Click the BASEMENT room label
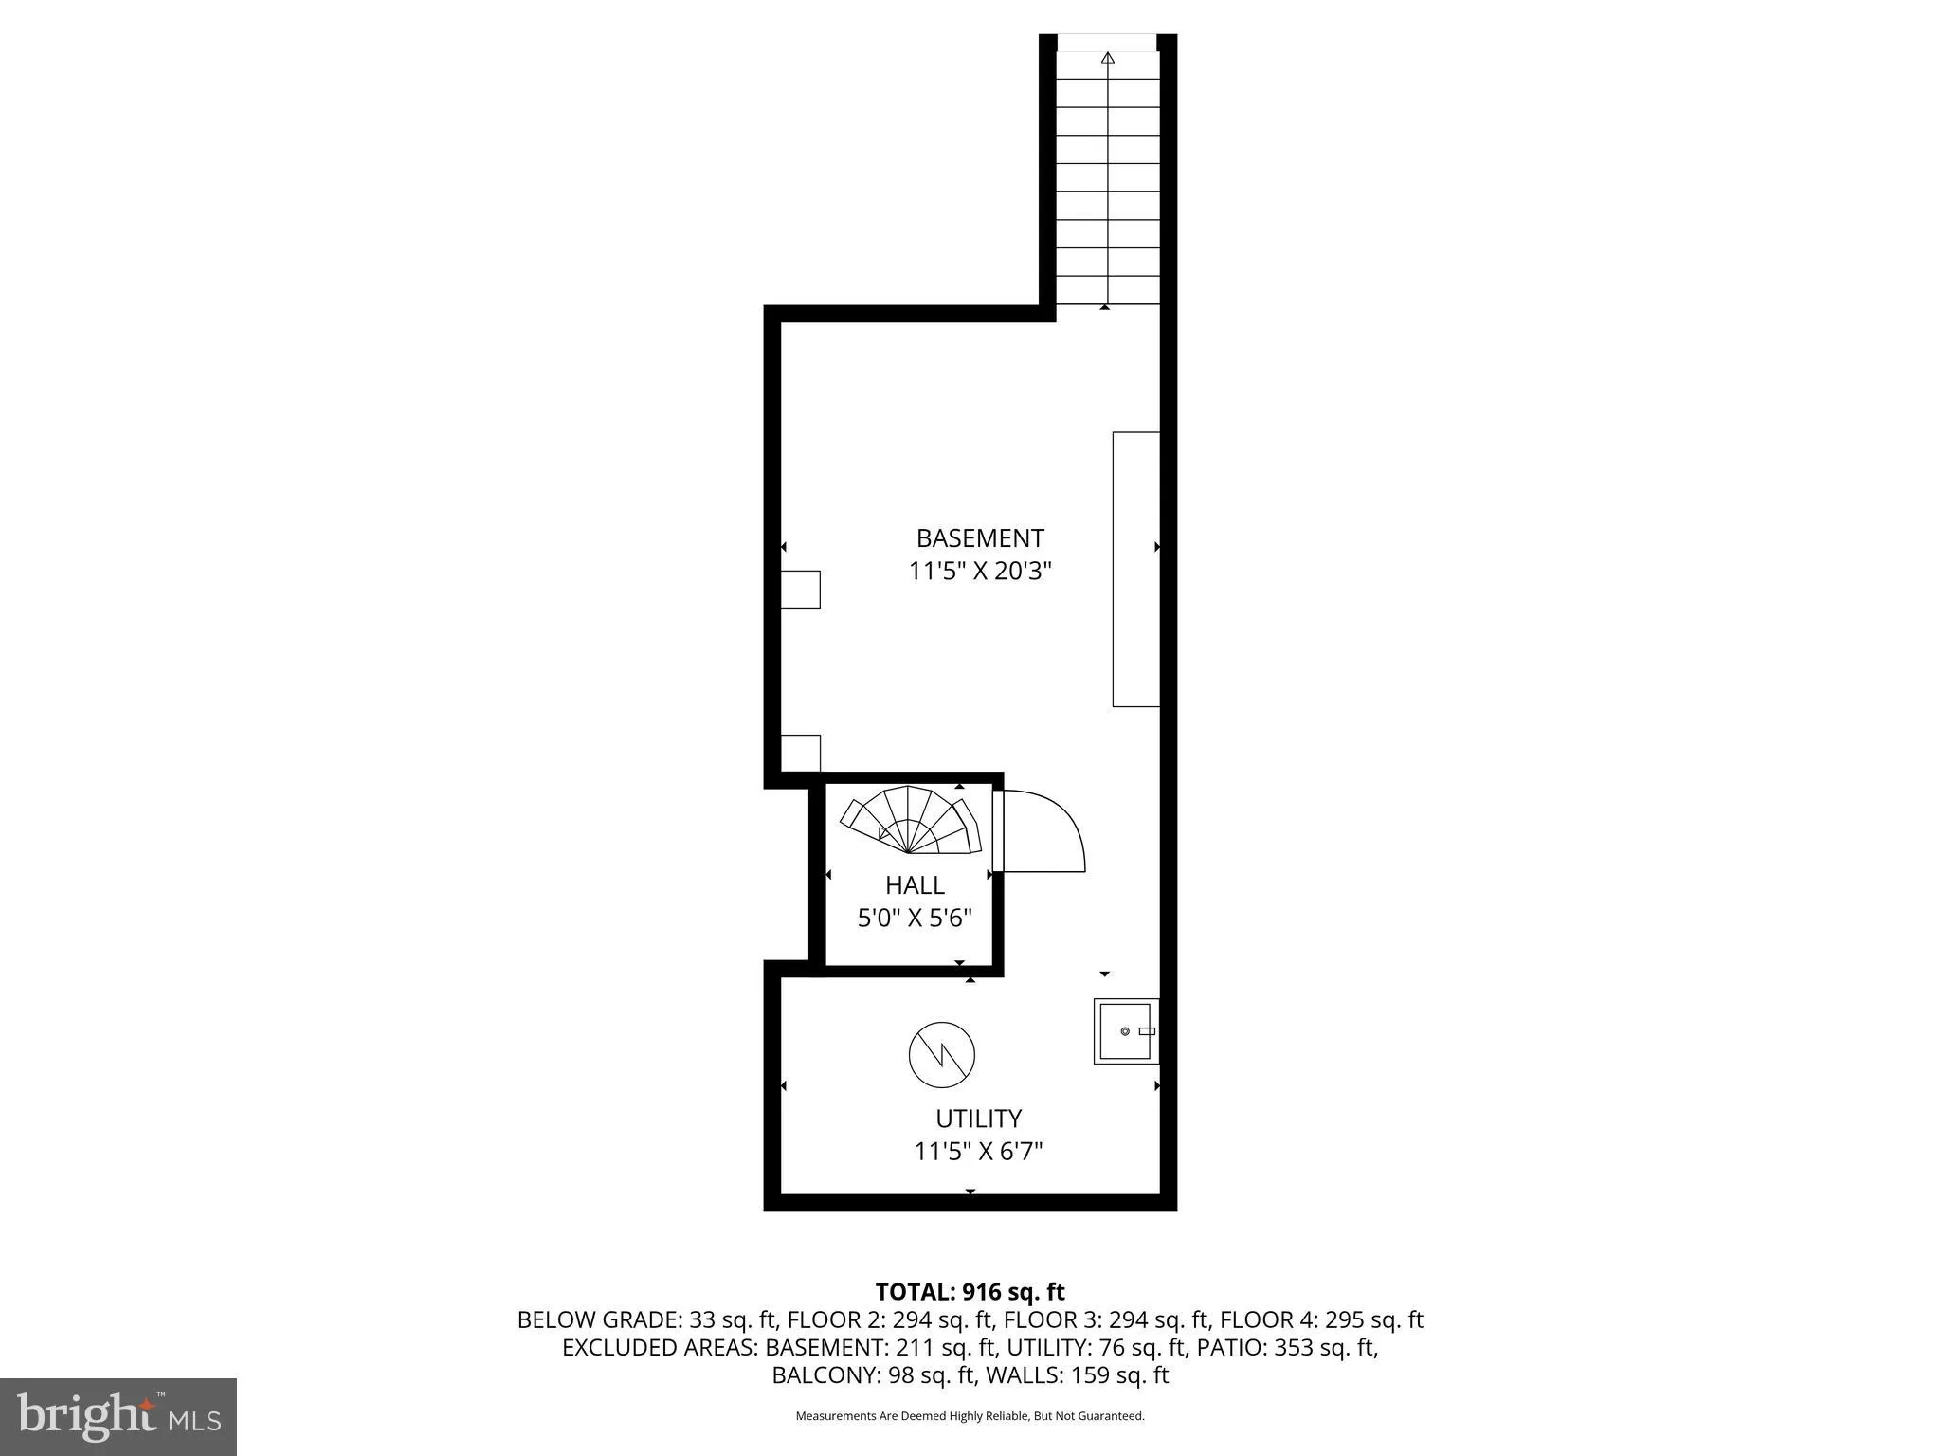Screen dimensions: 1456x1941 point(980,538)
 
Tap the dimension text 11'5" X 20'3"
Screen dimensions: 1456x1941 point(980,572)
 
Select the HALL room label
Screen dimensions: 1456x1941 point(915,885)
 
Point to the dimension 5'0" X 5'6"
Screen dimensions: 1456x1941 point(915,919)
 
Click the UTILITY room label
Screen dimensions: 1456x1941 point(978,1119)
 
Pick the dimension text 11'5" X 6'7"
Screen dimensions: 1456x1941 point(978,1152)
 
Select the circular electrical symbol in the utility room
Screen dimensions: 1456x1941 point(941,1054)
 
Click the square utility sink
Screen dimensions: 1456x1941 point(1126,1031)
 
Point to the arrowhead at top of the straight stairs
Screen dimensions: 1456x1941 point(1108,58)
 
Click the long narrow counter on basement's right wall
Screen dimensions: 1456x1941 point(1135,569)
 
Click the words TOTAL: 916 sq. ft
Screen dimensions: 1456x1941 point(970,1292)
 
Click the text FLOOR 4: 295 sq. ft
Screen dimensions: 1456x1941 point(1321,1319)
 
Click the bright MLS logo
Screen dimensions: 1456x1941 point(118,1416)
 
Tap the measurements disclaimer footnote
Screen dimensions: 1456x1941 point(970,1416)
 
